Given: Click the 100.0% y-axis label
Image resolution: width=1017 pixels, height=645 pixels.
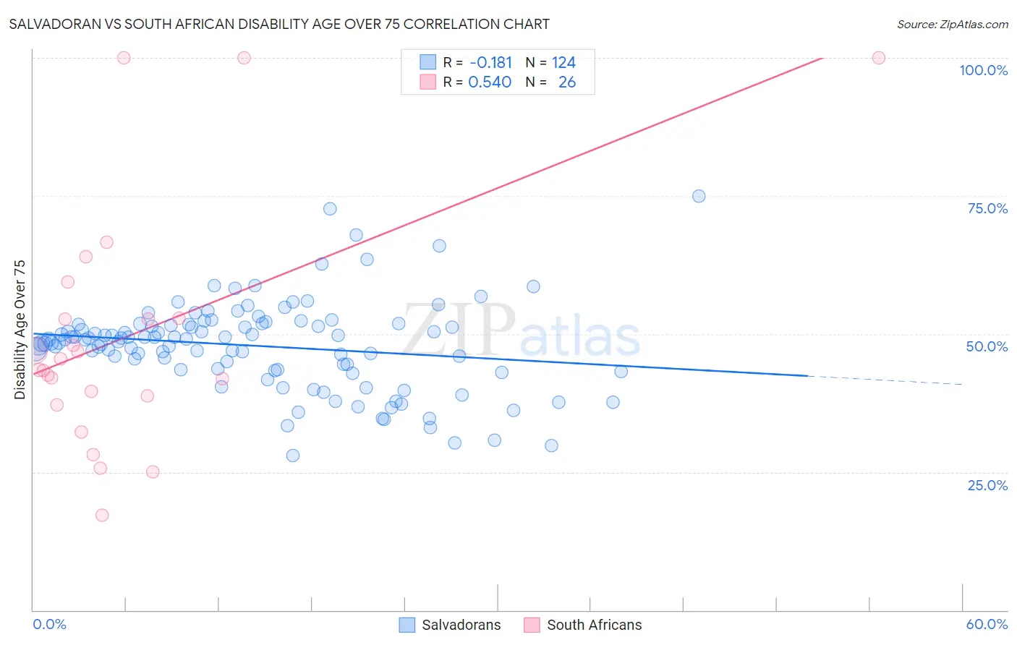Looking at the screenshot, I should [983, 70].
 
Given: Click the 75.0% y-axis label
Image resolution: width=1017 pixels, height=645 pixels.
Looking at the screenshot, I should [987, 208].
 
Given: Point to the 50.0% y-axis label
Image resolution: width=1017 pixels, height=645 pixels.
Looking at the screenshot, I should [987, 346].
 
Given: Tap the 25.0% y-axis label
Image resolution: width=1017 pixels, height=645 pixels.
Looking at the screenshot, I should [987, 485].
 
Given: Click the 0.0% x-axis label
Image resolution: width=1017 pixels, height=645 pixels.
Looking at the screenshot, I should [49, 624].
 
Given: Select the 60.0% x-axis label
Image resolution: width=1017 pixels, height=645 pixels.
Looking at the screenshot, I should [987, 624].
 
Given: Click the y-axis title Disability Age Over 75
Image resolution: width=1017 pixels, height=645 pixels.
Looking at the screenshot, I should [20, 330].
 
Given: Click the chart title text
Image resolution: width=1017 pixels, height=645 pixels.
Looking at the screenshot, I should [279, 24].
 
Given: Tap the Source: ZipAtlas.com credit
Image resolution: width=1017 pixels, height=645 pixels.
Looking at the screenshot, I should [952, 24].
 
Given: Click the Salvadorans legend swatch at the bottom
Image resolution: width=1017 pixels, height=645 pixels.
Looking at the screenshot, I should [407, 625].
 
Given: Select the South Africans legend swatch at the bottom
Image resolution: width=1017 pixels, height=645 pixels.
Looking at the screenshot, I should [532, 625].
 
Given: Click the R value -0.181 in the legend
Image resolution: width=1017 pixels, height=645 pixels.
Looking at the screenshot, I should [490, 63].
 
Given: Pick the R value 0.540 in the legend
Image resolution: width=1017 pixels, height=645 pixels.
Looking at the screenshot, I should [490, 82].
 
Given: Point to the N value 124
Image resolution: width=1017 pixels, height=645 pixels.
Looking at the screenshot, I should [563, 63].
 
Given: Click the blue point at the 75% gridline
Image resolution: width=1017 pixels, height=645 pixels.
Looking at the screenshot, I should [699, 196].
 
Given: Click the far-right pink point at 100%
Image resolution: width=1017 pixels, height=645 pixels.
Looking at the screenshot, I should [879, 58].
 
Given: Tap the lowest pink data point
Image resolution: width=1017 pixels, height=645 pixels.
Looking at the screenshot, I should [102, 515].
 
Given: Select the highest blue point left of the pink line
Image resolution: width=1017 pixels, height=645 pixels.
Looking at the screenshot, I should [330, 208].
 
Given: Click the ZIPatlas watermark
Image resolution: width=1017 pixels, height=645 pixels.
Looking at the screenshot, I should [521, 330].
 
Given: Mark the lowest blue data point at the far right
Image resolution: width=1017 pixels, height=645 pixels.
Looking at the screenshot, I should [551, 445].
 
